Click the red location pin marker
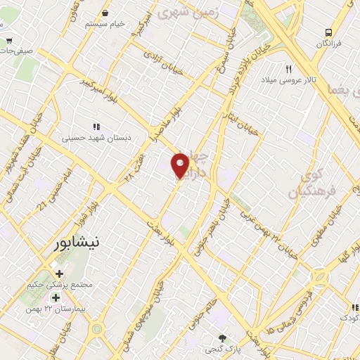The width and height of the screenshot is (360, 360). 181,165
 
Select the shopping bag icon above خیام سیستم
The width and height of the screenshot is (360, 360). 105,13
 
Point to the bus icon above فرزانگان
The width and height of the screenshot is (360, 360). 328,32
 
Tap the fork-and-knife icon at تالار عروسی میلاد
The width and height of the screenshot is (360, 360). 288,69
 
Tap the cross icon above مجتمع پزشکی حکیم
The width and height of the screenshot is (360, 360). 59,274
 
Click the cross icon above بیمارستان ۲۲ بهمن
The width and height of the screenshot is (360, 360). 59,298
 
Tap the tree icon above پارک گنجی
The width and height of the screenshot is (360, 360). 223,337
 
